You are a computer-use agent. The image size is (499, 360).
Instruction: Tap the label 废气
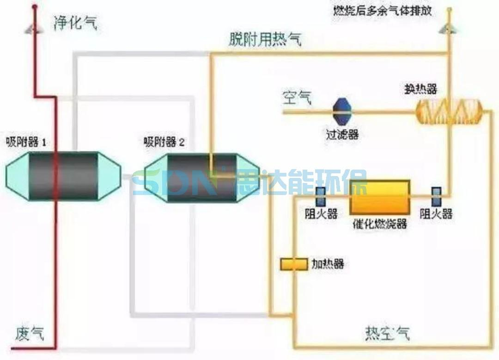pyautogui.click(x=30, y=333)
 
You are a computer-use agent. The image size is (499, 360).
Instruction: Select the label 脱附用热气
pyautogui.click(x=265, y=40)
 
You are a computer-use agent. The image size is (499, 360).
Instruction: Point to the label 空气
pyautogui.click(x=297, y=98)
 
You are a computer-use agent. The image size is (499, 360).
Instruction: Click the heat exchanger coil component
pyautogui.click(x=449, y=111)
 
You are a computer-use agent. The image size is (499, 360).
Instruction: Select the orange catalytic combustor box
pyautogui.click(x=380, y=197)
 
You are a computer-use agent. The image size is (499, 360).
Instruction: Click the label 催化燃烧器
pyautogui.click(x=379, y=224)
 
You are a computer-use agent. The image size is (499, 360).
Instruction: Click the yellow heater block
pyautogui.click(x=294, y=264)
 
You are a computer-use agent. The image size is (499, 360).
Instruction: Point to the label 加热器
pyautogui.click(x=328, y=264)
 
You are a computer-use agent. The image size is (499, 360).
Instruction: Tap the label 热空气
pyautogui.click(x=387, y=333)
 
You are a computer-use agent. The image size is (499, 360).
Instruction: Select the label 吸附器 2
pyautogui.click(x=164, y=142)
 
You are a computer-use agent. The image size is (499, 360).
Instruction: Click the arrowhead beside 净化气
pyautogui.click(x=34, y=28)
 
